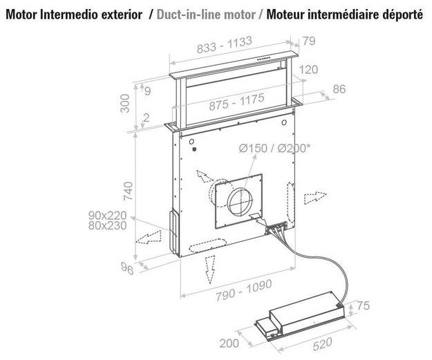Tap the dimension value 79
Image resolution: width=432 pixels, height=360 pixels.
(309, 41)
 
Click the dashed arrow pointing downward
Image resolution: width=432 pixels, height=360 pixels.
(209, 269)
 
